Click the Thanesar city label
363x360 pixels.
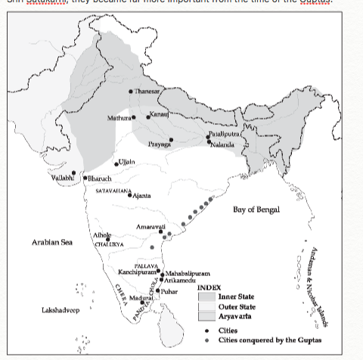[148, 91]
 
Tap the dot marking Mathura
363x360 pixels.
[134, 116]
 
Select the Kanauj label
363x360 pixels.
[159, 113]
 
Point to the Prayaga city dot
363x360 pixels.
[172, 139]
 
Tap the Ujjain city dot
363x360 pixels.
[116, 163]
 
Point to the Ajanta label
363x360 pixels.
[141, 195]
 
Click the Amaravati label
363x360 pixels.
[150, 227]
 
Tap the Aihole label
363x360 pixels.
[101, 236]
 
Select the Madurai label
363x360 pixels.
[141, 299]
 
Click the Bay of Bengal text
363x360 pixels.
[256, 209]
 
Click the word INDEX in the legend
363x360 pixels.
[209, 287]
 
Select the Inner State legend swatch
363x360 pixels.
[206, 297]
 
